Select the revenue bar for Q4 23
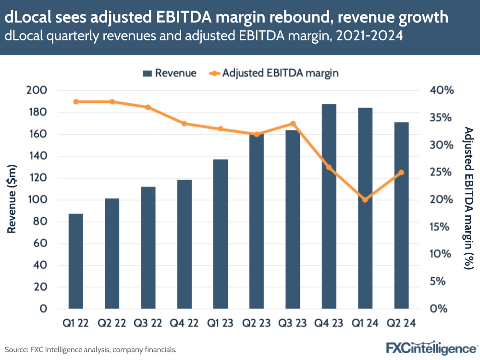329,206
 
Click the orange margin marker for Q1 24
365,199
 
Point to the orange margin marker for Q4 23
329,167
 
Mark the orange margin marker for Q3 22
148,107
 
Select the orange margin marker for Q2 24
401,173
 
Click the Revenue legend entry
170,73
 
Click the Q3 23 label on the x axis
293,323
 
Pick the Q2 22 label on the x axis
112,323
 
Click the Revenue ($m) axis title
13,199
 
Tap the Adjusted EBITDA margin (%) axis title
468,198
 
